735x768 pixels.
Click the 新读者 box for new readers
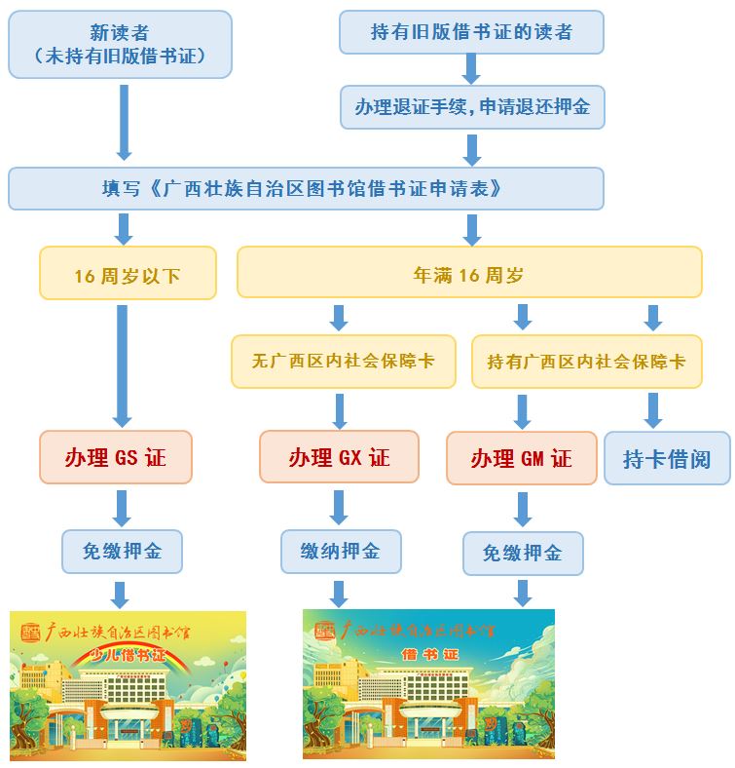coord(120,45)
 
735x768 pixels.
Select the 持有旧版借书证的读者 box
coord(471,32)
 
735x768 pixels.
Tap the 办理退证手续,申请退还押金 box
coord(472,107)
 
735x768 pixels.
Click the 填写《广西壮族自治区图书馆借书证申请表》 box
coord(306,188)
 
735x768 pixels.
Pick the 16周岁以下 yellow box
coord(128,273)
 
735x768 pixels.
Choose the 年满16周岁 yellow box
coord(469,272)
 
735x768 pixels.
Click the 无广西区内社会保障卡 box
coord(343,362)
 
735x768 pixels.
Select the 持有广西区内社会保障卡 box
coord(587,362)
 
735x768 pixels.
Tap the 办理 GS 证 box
coord(116,457)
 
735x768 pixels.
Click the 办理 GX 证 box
coord(339,457)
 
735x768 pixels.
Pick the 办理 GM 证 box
coord(522,458)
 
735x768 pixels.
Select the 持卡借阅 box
coord(667,458)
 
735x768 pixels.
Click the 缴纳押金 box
coord(341,552)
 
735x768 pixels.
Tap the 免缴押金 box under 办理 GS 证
coord(122,552)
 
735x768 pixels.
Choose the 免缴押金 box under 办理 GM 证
coord(523,554)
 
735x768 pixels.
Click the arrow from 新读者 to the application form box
coord(125,123)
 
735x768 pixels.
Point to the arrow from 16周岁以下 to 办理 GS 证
coord(122,366)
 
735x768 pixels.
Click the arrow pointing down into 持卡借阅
coord(653,410)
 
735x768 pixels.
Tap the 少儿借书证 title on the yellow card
coord(129,654)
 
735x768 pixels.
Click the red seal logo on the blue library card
coord(324,631)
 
